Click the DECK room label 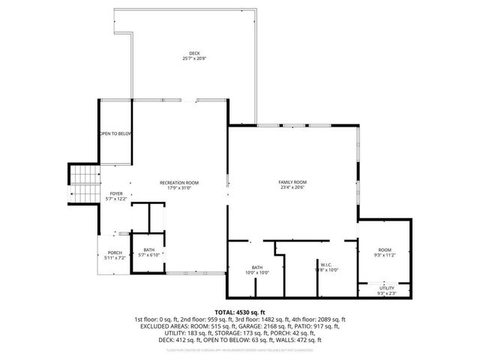click(194, 53)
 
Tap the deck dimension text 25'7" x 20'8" click(194, 58)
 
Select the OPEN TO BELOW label click(115, 133)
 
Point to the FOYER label click(116, 193)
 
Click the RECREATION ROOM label click(179, 182)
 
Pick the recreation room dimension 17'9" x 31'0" click(179, 187)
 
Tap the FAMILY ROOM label click(292, 182)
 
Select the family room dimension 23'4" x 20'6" click(292, 187)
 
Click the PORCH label click(115, 252)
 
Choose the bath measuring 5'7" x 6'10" click(148, 253)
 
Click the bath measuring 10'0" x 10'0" click(257, 270)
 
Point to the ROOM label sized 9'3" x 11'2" click(385, 250)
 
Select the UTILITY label click(386, 287)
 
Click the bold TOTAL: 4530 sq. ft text click(240, 311)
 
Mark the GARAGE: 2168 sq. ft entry click(277, 327)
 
